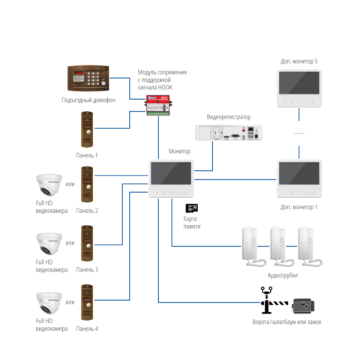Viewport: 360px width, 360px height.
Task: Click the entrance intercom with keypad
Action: (88, 78)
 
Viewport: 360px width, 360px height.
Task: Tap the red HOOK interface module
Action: (158, 105)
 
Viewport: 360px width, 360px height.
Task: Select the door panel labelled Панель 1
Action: (87, 130)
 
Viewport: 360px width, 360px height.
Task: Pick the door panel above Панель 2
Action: (87, 184)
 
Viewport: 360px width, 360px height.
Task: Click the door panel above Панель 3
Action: (87, 243)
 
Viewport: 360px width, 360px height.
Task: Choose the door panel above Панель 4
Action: (87, 302)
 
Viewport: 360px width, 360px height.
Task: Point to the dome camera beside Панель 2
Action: (49, 184)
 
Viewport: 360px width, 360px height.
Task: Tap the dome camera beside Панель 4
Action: (49, 303)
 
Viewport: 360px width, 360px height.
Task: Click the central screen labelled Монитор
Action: (171, 179)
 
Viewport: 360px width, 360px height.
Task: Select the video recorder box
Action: (229, 132)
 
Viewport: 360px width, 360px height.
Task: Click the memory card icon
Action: (192, 208)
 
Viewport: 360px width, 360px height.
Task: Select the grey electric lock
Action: (304, 306)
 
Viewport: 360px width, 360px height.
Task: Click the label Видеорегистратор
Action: (229, 117)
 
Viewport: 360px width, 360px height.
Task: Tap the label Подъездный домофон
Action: (88, 100)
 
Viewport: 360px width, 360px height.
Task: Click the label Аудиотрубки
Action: (283, 275)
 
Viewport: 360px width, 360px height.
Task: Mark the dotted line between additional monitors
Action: (299, 133)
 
